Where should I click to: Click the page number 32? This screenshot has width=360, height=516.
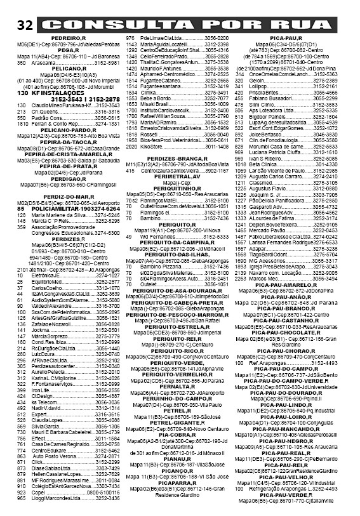pos(25,25)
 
